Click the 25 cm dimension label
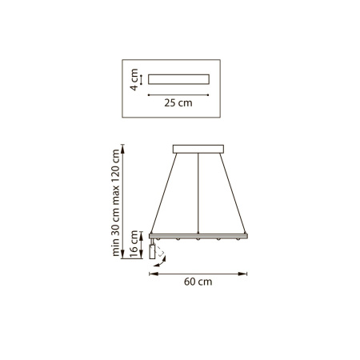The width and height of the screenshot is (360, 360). click(x=178, y=103)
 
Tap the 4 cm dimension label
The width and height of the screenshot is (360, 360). click(x=134, y=79)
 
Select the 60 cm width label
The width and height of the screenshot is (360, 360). click(x=198, y=282)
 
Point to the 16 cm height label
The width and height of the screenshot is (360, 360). click(x=134, y=244)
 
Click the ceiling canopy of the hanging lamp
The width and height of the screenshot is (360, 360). click(x=198, y=149)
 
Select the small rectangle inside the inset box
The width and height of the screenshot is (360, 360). click(x=178, y=79)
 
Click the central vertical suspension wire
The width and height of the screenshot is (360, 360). click(x=198, y=194)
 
